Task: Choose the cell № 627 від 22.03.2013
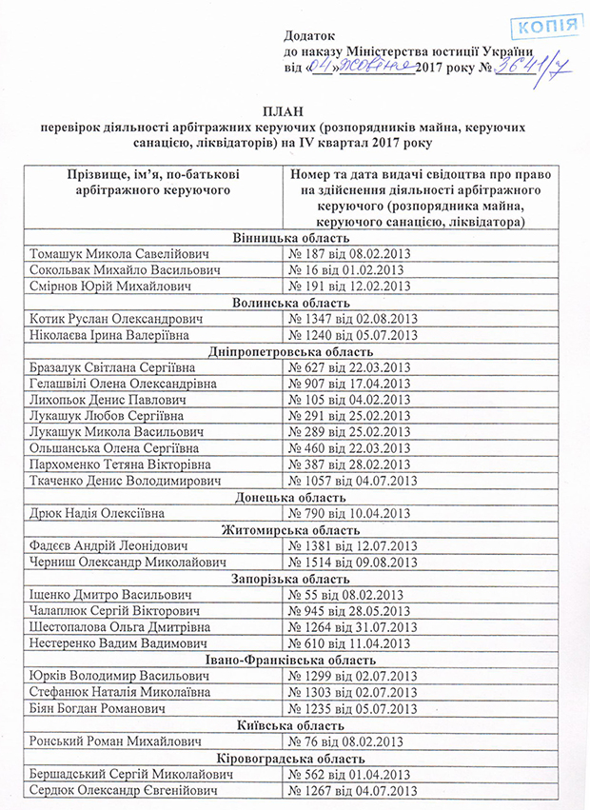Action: (x=352, y=367)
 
